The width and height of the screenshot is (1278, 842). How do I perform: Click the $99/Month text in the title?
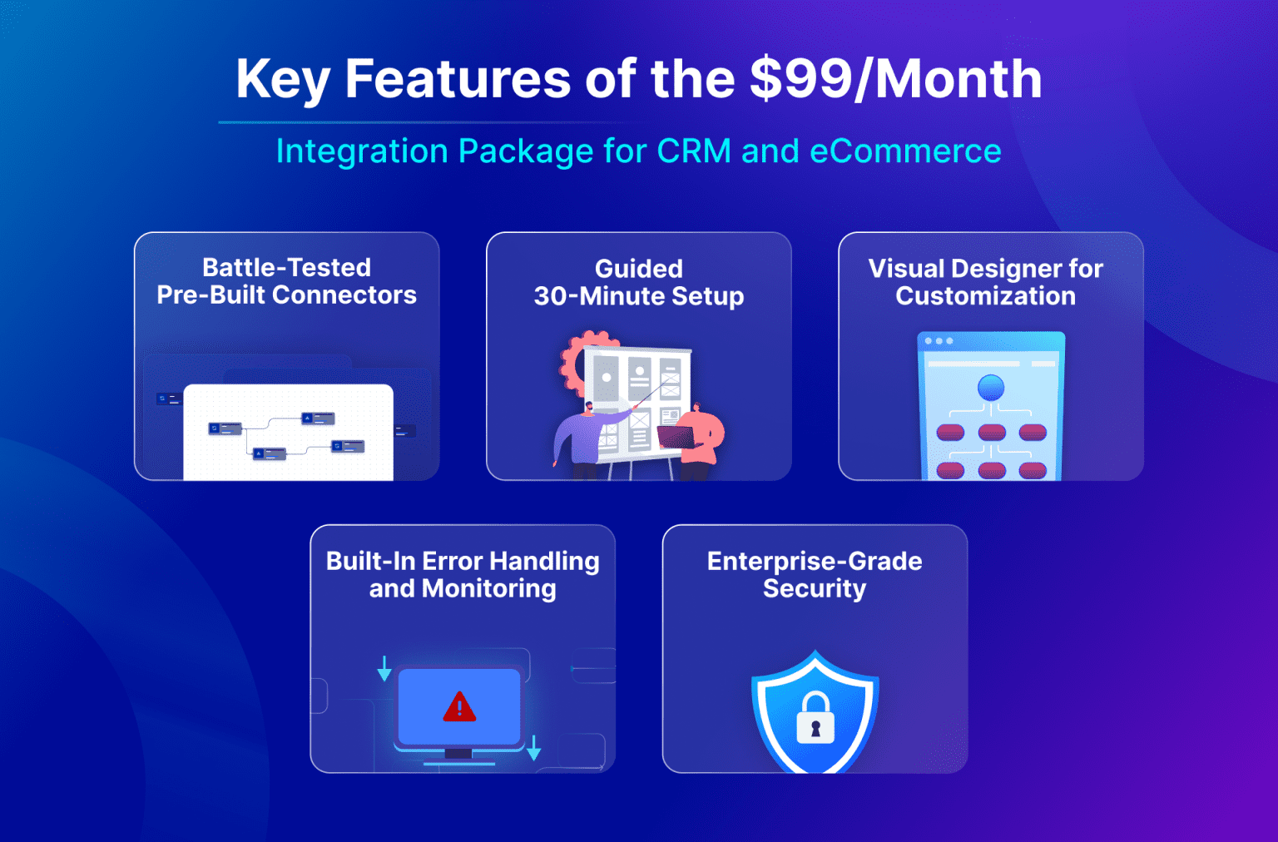[895, 79]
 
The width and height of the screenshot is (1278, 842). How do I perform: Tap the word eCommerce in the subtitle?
[905, 151]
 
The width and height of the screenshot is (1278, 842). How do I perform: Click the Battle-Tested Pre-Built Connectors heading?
[286, 281]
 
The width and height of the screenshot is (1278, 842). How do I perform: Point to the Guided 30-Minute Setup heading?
[638, 282]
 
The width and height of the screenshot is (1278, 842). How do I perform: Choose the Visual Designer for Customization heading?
[985, 282]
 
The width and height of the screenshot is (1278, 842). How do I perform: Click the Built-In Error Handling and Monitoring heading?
[463, 574]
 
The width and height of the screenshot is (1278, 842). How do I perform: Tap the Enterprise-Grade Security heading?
[814, 574]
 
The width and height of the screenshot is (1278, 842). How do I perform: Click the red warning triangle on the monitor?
[459, 707]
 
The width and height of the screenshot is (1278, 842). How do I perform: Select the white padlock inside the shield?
[815, 719]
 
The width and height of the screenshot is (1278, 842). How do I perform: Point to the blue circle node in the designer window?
[990, 388]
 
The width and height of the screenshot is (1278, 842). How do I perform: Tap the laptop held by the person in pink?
[676, 436]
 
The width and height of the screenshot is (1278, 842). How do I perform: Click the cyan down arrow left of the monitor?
[384, 669]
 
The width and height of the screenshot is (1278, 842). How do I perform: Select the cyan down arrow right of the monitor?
[534, 747]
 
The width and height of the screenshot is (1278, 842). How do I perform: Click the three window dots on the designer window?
[939, 341]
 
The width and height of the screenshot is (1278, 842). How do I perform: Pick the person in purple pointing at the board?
[582, 437]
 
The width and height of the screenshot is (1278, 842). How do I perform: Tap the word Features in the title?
[457, 79]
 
